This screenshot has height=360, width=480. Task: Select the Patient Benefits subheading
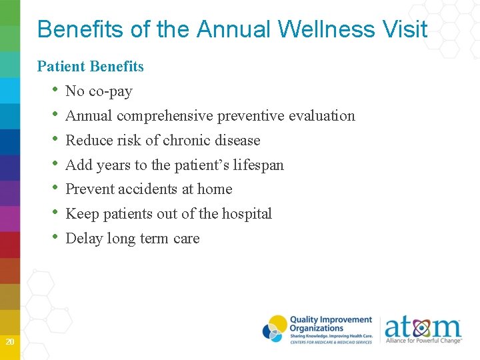[91, 66]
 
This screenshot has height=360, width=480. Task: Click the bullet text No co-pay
[99, 91]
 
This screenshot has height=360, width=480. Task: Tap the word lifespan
[258, 165]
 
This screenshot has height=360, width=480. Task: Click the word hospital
[247, 214]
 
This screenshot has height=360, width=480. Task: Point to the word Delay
[83, 239]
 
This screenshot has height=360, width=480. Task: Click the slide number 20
[9, 342]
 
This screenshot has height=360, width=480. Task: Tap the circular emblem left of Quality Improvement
[275, 329]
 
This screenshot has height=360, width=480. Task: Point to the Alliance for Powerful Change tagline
[423, 341]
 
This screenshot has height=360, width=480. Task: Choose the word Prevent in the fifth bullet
[89, 189]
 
